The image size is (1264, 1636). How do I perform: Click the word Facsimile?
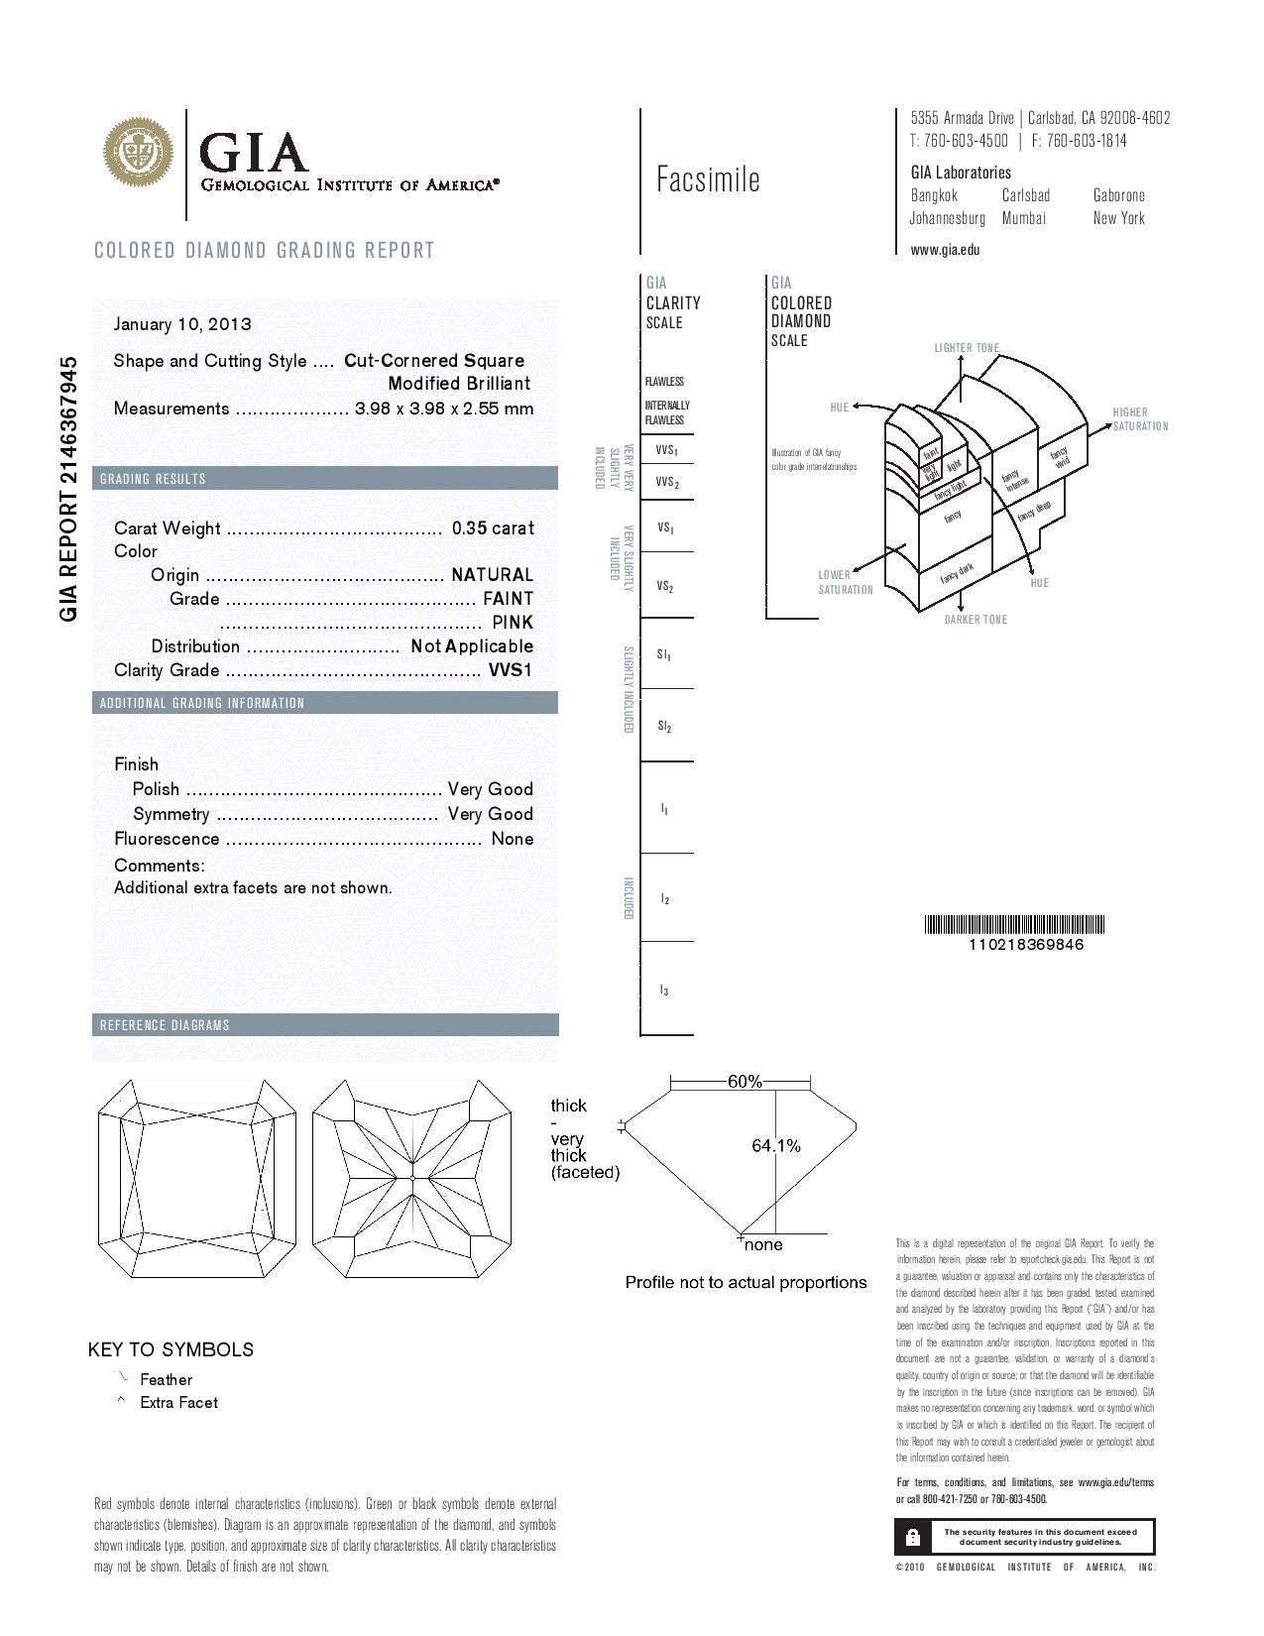708,179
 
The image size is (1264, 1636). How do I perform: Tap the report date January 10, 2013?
182,324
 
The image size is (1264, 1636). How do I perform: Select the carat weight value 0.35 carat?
493,528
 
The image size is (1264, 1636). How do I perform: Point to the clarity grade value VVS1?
511,670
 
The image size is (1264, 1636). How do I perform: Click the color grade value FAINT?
508,599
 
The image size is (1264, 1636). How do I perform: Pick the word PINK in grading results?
513,623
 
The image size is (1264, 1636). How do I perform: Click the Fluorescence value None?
513,839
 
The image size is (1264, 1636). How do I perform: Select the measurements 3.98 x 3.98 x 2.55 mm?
444,409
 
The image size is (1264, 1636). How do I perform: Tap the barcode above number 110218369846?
1015,925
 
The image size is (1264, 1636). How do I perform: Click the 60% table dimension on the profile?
745,1082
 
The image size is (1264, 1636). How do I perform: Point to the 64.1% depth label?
776,1146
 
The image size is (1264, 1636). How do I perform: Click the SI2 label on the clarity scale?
664,727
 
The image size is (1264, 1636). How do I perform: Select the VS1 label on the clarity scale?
666,528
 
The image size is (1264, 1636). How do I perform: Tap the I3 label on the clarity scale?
664,991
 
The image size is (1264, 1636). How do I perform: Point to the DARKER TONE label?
976,620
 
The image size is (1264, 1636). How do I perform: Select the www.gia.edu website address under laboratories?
945,250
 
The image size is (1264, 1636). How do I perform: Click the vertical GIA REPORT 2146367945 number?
68,489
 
